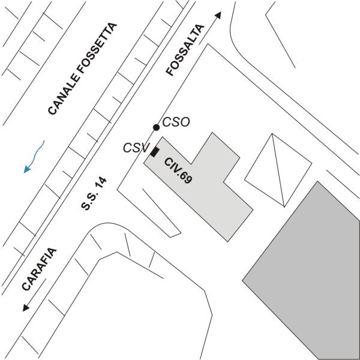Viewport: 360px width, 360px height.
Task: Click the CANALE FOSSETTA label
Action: [x=83, y=68]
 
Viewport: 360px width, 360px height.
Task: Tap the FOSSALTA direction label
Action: [x=185, y=50]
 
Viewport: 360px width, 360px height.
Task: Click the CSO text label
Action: [x=176, y=122]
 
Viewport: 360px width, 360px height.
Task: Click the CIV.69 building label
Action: [x=178, y=169]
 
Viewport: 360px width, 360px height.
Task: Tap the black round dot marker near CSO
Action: [x=156, y=127]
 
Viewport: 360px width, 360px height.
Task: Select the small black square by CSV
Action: [x=154, y=152]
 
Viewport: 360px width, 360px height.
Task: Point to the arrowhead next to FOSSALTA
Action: [x=218, y=15]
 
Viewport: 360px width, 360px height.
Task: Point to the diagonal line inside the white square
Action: [x=277, y=169]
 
